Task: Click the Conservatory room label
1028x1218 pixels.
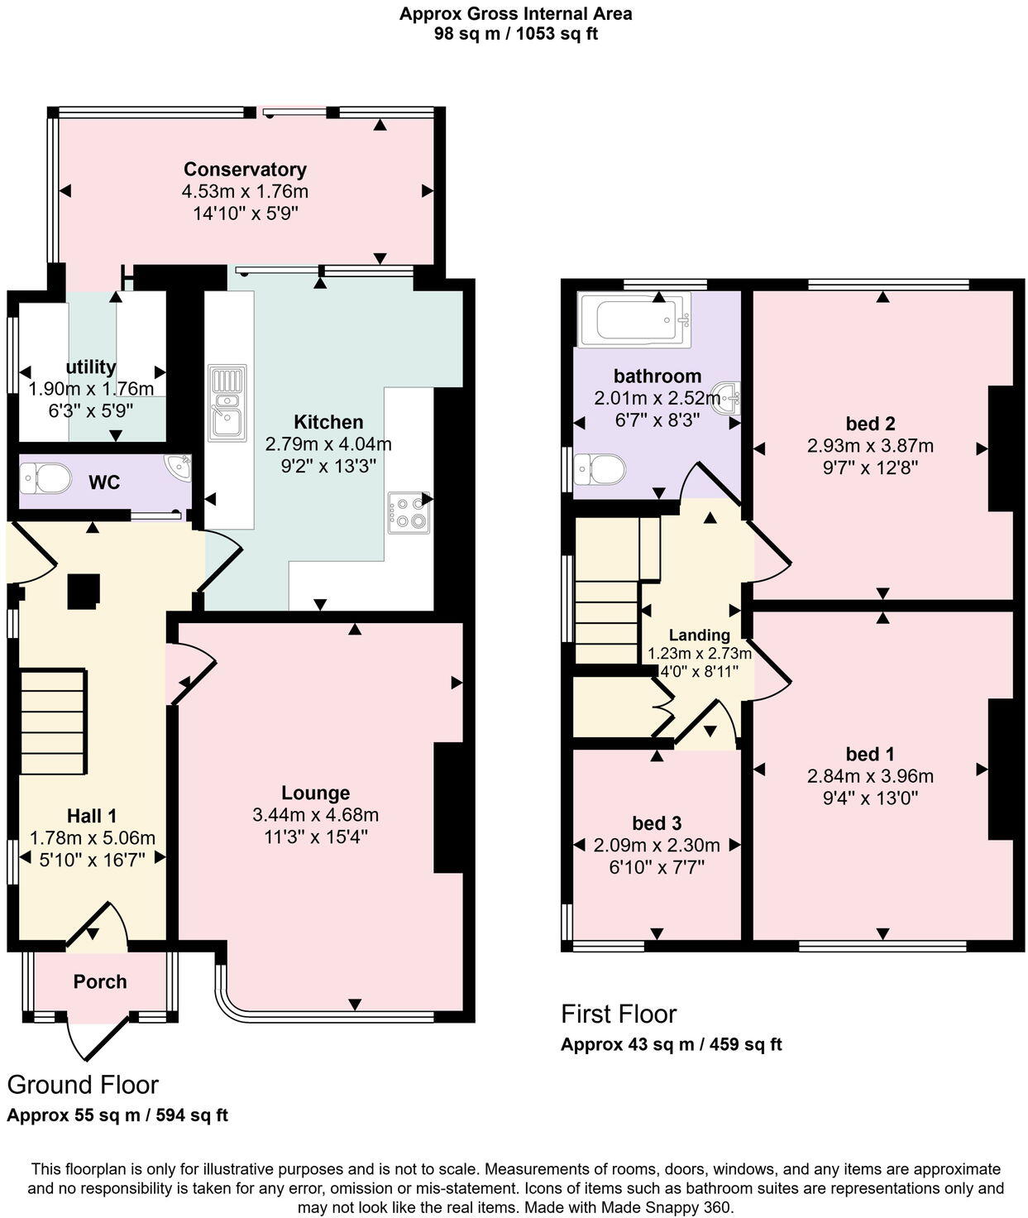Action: [x=245, y=170]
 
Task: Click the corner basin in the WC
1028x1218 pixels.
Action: [x=179, y=467]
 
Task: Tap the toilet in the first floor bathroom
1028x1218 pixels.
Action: [x=601, y=469]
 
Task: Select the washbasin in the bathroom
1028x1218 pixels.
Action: [x=727, y=398]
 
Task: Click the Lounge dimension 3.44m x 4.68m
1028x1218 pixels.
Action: [x=315, y=815]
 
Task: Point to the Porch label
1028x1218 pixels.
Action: [x=100, y=982]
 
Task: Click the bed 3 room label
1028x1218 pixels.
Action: [x=657, y=823]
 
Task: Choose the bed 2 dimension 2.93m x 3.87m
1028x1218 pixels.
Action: [x=870, y=446]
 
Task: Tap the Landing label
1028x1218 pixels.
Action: [x=700, y=635]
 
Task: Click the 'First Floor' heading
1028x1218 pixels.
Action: [x=619, y=1014]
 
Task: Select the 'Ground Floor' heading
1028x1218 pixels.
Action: [x=83, y=1085]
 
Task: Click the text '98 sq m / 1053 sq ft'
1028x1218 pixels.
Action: [x=515, y=34]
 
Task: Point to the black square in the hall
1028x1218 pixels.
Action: [x=83, y=592]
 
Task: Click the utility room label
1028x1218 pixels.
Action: [x=91, y=367]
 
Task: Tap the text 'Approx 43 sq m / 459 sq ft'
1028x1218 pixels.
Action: [x=671, y=1044]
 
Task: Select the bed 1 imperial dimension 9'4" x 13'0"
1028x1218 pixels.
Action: [x=870, y=798]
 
